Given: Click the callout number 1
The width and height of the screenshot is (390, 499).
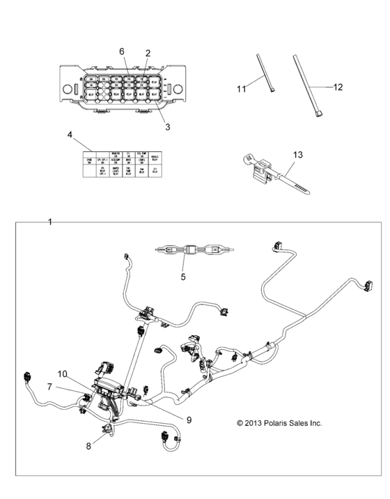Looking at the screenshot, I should pyautogui.click(x=50, y=222).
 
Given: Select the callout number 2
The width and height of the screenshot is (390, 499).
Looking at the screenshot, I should pyautogui.click(x=148, y=53).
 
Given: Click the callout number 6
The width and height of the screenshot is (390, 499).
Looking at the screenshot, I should pyautogui.click(x=121, y=52).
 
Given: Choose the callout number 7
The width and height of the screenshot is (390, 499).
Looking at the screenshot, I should pyautogui.click(x=50, y=385).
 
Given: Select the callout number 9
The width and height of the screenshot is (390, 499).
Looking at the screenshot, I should pyautogui.click(x=188, y=419).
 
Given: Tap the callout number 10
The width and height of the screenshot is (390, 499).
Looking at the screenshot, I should pyautogui.click(x=62, y=374).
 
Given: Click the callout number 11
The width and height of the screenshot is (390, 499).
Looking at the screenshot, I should pyautogui.click(x=242, y=89).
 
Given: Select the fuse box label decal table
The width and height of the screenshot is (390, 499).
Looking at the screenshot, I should pyautogui.click(x=122, y=164).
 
